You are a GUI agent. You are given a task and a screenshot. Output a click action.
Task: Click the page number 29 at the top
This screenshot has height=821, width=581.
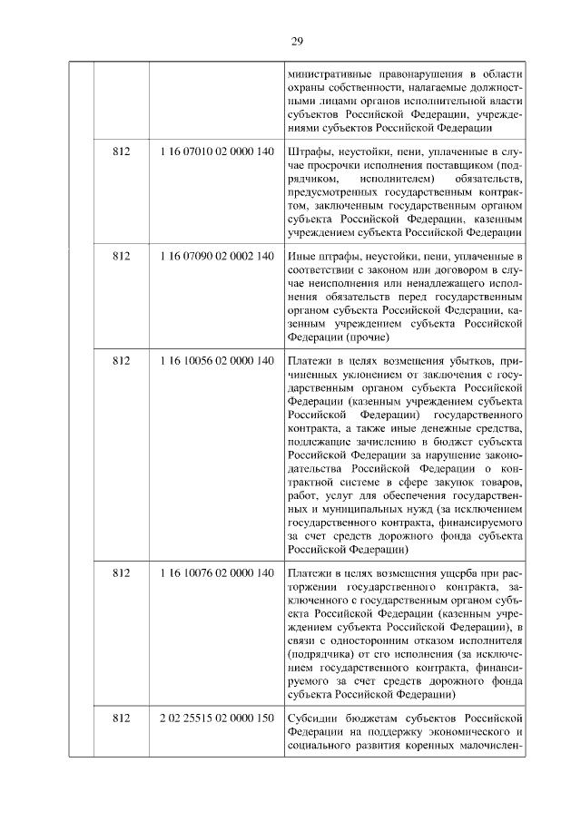click(296, 41)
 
